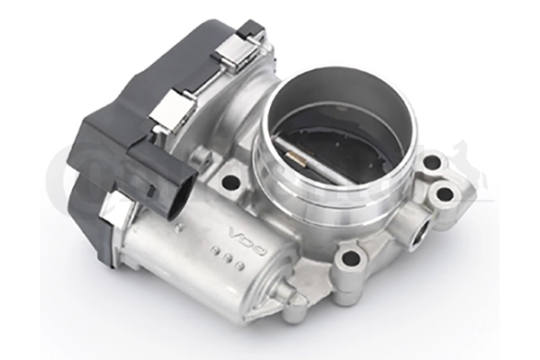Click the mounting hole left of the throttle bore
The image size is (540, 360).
(230, 181)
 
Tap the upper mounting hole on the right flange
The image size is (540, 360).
(432, 163)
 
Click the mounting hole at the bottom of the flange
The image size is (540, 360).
(349, 260)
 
